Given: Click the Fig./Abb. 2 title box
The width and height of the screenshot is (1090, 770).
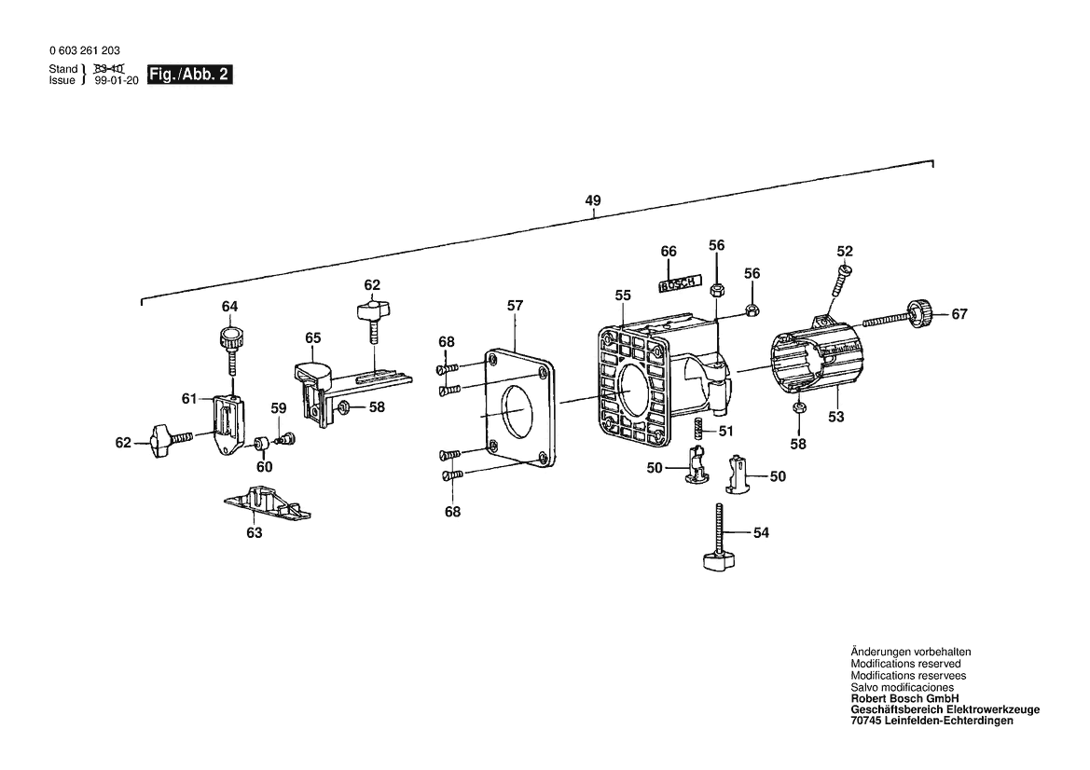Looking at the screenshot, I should (188, 76).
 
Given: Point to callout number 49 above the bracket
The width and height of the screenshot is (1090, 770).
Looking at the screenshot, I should (593, 200).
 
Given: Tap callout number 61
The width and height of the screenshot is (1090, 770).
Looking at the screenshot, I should (189, 399).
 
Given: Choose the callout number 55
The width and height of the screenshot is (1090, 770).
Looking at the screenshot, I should (623, 295).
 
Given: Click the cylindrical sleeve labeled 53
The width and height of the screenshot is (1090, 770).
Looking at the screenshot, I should (816, 364).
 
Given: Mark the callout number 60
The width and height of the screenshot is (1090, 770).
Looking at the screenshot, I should (265, 466).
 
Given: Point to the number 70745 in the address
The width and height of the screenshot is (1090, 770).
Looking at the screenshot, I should (867, 721).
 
